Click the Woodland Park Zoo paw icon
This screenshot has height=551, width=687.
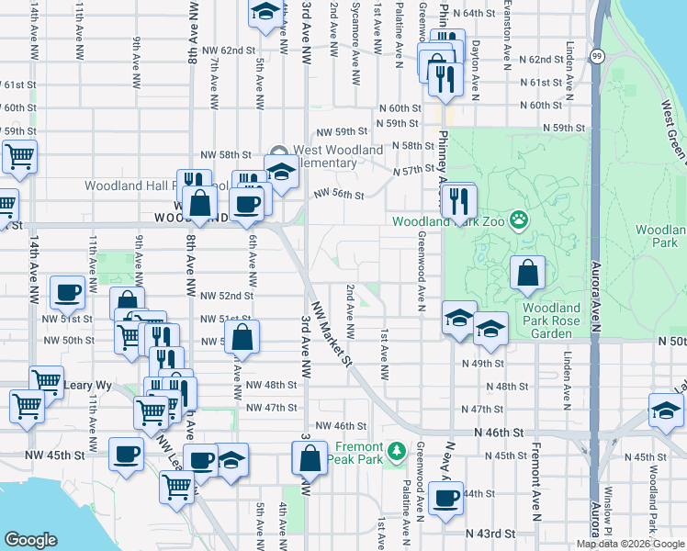(x=520, y=219)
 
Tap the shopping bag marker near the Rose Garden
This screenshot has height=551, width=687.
(x=527, y=272)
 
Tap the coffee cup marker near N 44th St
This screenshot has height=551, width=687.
(x=446, y=499)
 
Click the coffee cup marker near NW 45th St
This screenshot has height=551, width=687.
(x=127, y=453)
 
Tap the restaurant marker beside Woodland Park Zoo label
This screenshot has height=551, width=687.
(x=459, y=200)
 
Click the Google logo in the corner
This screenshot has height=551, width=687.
(x=30, y=540)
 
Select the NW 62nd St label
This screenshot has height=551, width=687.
(x=227, y=50)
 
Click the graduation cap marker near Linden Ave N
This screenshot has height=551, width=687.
(x=665, y=410)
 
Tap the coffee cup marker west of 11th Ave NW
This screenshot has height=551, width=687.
(x=66, y=292)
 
